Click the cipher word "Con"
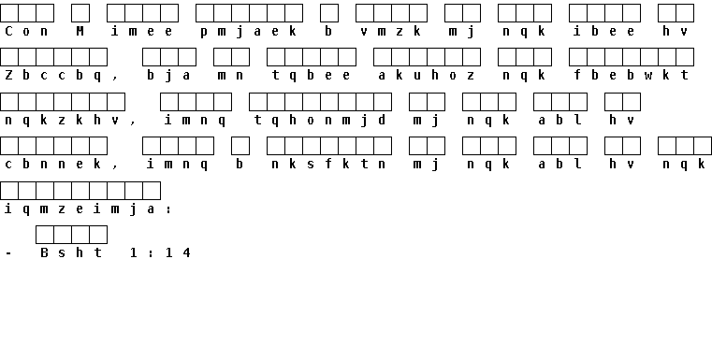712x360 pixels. tap(26, 31)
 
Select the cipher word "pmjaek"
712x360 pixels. tap(249, 32)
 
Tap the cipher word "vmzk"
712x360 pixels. tap(391, 31)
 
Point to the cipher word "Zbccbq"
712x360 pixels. tap(53, 76)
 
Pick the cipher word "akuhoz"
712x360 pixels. tap(427, 76)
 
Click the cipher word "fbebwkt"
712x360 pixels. tap(632, 76)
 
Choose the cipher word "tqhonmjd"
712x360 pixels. tap(320, 121)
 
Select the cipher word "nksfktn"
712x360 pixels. tap(328, 164)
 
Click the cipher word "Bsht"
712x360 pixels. tap(71, 252)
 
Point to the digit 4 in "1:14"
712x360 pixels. tap(186, 252)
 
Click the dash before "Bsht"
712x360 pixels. tap(8, 253)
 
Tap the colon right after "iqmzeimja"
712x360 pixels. tap(169, 209)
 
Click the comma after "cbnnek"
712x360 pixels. tap(115, 166)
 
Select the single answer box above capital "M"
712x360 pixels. tap(80, 13)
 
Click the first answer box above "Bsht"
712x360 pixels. tap(45, 235)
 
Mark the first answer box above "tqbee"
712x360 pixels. tap(276, 57)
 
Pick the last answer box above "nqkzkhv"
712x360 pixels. tap(116, 102)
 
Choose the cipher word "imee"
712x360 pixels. tap(142, 31)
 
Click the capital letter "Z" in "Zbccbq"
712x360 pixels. tap(8, 76)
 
